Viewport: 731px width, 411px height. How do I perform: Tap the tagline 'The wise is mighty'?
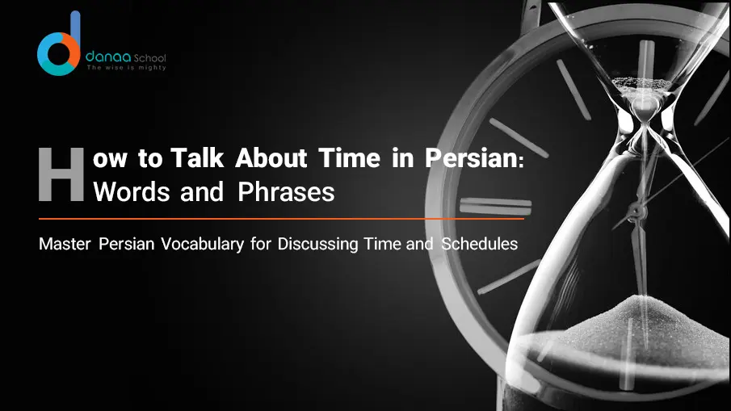126,68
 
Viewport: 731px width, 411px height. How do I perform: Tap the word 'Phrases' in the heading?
286,192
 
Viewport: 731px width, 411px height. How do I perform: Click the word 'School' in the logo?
150,58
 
